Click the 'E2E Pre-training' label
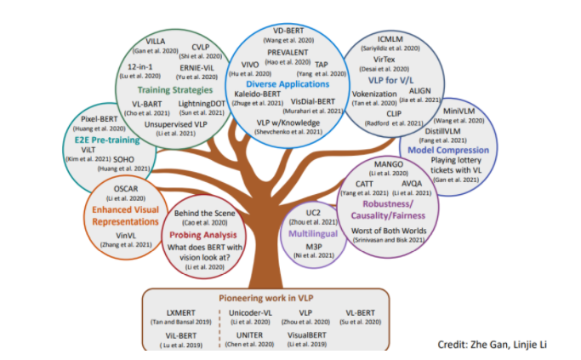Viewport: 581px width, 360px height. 92,135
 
